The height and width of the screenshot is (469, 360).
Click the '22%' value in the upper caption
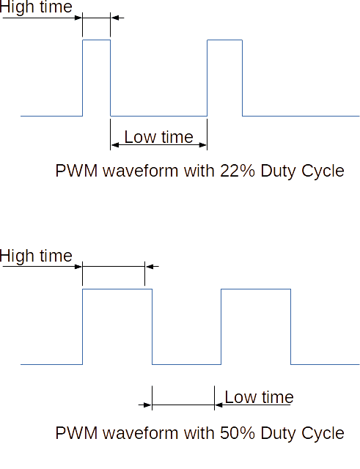click(238, 171)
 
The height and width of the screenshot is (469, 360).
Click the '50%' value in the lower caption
click(238, 433)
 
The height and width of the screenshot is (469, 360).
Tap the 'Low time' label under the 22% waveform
click(158, 137)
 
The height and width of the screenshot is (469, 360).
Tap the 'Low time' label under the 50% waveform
click(259, 397)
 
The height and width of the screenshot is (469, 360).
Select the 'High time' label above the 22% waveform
click(36, 7)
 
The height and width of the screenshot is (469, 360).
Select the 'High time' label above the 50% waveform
click(36, 256)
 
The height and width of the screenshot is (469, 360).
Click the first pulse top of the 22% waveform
click(96, 40)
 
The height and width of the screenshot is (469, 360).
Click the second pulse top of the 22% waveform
click(225, 40)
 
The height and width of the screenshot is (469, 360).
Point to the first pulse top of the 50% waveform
click(117, 289)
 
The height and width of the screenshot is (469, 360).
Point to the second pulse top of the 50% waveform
click(256, 289)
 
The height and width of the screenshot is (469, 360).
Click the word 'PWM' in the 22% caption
click(76, 171)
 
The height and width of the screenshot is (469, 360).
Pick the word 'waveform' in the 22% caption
click(141, 171)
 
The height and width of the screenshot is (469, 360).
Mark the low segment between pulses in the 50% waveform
click(186, 364)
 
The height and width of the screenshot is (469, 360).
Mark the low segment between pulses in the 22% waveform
click(158, 116)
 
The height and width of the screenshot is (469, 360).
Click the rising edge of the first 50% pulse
click(83, 327)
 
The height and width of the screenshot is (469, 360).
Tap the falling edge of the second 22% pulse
click(243, 78)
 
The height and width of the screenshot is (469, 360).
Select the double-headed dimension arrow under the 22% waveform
click(158, 145)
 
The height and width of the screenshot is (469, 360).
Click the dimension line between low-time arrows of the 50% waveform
click(183, 405)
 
